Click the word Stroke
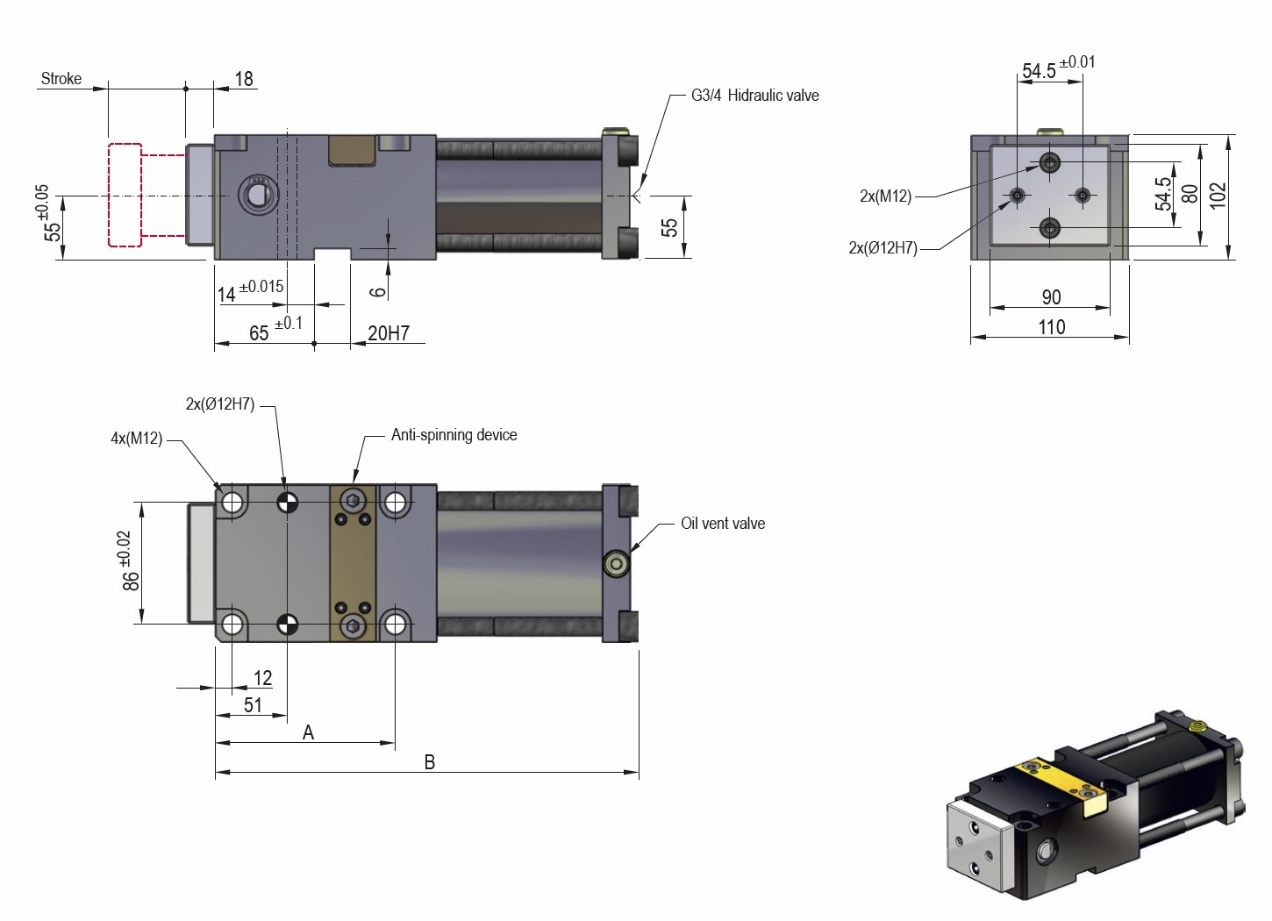[x=61, y=79]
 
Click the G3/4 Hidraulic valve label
[x=754, y=96]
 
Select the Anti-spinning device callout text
[x=454, y=435]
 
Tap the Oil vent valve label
[x=723, y=524]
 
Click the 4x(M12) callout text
[x=137, y=439]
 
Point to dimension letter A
[x=308, y=732]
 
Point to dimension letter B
[x=429, y=762]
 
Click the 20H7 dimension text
[x=389, y=333]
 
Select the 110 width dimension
[x=1051, y=327]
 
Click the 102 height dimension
[x=1218, y=195]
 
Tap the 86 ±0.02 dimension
[x=130, y=561]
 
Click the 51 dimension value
[x=253, y=705]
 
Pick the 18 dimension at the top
[x=244, y=79]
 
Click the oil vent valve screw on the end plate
[x=617, y=563]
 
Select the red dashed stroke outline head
[x=125, y=195]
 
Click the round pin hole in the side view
[x=257, y=195]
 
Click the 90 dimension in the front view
[x=1051, y=297]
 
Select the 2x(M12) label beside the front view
[x=885, y=196]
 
